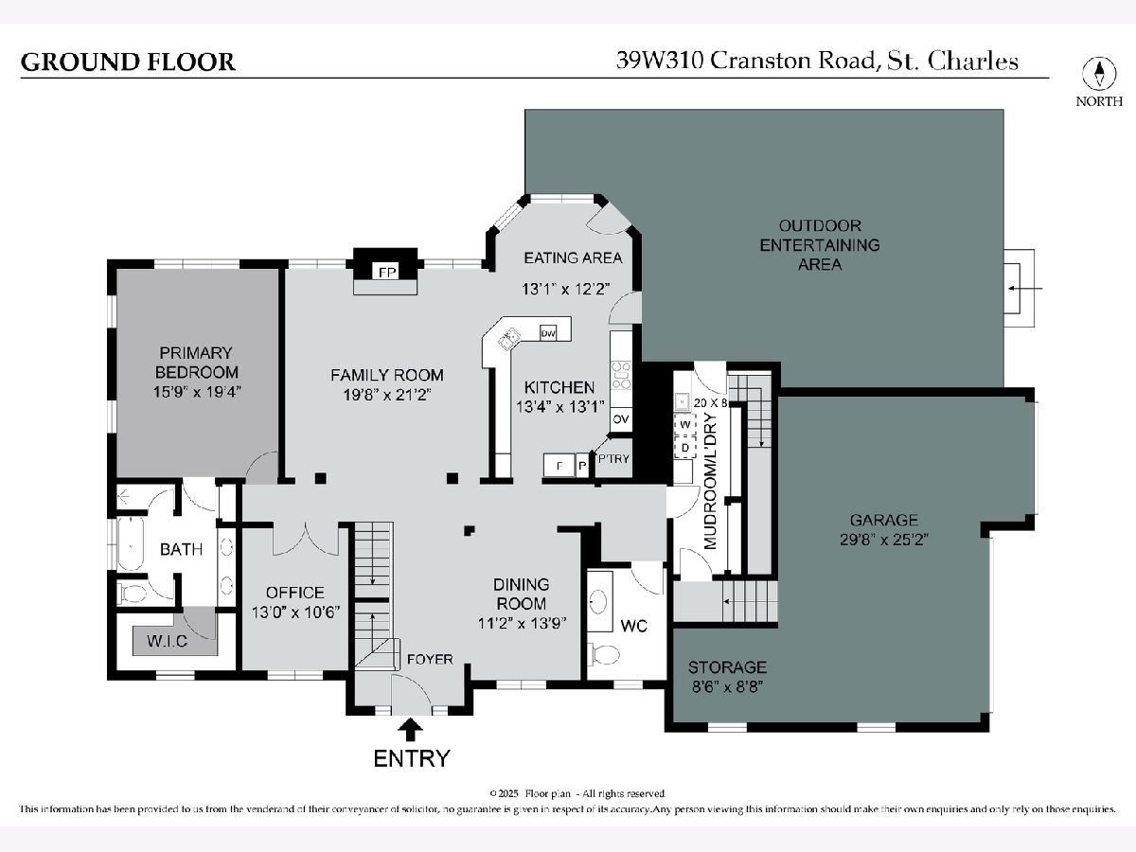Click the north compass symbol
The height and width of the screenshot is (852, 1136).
tap(1099, 74)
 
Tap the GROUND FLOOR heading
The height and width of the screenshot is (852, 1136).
tap(128, 62)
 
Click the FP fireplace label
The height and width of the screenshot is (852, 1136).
tap(385, 273)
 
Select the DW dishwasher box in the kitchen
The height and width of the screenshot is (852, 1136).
tap(548, 332)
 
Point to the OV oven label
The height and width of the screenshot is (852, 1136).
tap(621, 419)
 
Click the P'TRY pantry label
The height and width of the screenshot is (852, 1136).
tap(613, 459)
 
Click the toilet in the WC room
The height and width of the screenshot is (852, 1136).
tap(604, 653)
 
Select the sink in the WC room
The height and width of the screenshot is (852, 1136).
tap(600, 599)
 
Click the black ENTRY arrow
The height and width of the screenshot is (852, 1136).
tap(411, 728)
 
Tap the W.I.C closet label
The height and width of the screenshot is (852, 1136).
tap(167, 642)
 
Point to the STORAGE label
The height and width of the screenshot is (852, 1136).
tap(727, 667)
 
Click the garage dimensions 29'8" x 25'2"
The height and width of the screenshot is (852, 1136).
tap(883, 541)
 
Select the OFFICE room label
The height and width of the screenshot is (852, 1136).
tap(294, 593)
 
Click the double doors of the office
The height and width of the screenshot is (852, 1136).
tap(305, 538)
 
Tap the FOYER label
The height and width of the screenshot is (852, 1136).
tap(430, 659)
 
